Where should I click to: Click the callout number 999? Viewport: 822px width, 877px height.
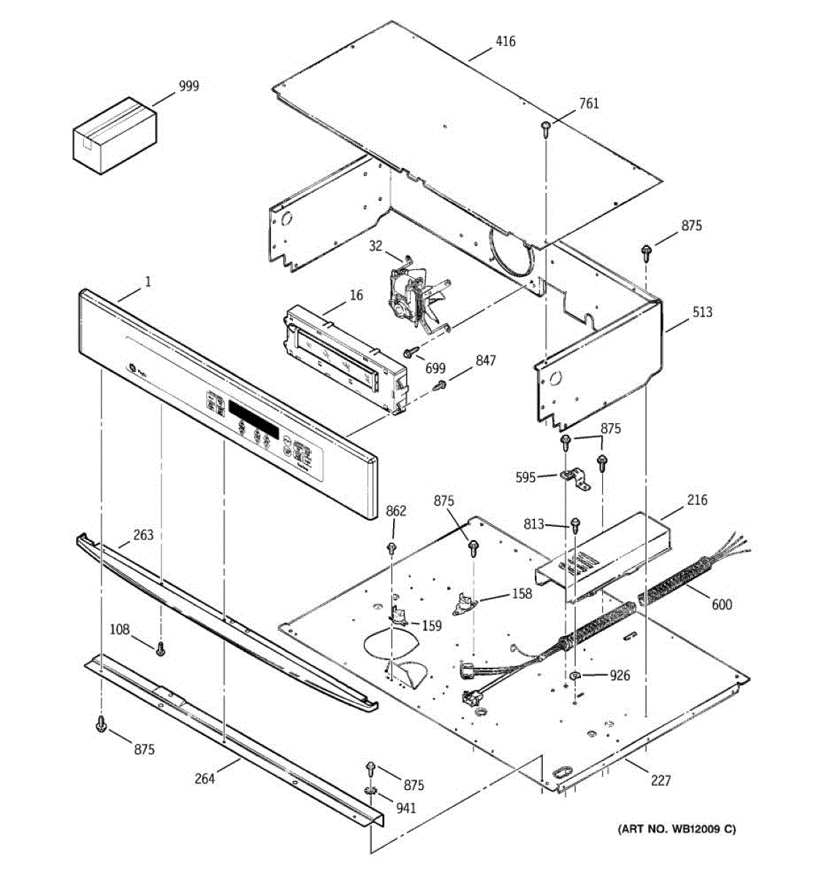[x=188, y=86]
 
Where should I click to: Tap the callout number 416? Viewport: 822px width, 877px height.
[x=505, y=42]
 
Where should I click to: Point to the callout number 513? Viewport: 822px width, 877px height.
[x=702, y=312]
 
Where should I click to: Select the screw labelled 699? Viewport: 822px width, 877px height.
[x=411, y=352]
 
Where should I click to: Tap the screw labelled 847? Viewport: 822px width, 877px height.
[x=439, y=385]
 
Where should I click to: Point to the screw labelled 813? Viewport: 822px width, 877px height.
[x=575, y=524]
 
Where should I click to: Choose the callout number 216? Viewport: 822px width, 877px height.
[x=697, y=501]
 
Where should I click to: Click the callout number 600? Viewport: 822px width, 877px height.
[x=721, y=604]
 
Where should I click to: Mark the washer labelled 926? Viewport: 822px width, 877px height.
[x=576, y=675]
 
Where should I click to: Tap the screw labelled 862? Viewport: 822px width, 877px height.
[x=392, y=547]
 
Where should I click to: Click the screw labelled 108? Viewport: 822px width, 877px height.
[x=161, y=648]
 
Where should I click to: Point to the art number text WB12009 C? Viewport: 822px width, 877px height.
[x=677, y=829]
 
